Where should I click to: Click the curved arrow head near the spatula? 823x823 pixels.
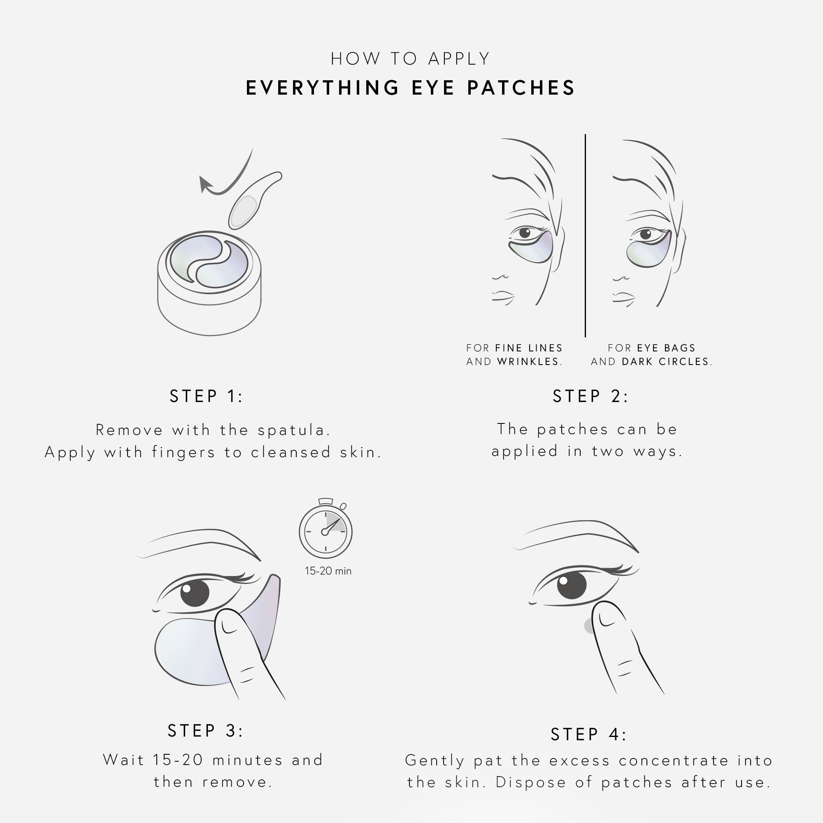point(205,184)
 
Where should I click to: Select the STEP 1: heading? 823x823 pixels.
point(206,396)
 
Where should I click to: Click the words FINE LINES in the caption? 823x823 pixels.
point(529,348)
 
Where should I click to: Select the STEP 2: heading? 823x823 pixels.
point(591,396)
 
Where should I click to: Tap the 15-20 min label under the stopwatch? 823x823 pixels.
point(328,571)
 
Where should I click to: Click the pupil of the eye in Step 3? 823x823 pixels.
point(195,592)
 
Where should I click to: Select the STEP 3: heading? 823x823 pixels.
point(205,730)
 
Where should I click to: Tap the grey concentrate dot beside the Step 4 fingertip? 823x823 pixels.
point(589,626)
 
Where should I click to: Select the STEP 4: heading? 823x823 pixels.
point(589,735)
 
